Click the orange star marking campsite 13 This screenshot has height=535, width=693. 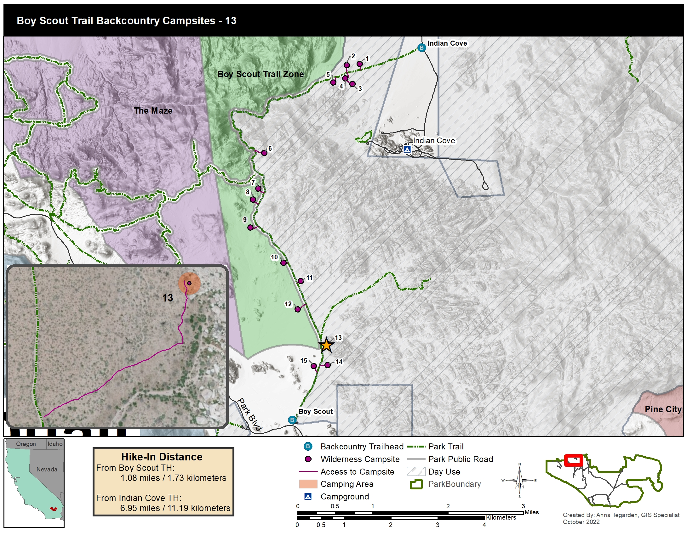pos(326,345)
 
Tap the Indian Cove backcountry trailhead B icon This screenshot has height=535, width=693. pos(421,48)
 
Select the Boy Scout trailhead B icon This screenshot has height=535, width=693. pos(292,420)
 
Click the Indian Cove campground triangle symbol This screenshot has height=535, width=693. pos(407,149)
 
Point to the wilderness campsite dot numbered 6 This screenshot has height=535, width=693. pos(264,153)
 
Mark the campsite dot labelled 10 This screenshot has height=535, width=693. pos(283,263)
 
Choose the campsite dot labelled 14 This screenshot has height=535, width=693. pos(328,365)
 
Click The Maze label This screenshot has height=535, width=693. pos(153,110)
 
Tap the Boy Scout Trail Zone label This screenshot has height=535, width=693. pos(260,74)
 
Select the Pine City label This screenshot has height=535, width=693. pos(663,409)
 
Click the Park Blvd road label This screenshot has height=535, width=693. pos(250,414)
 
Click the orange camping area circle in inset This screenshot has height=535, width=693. pos(189,283)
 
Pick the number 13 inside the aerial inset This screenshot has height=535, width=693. pos(168,298)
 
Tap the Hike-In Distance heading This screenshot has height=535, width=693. pos(162,457)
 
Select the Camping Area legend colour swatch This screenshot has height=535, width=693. pos(308,484)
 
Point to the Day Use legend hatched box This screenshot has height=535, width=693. pos(416,472)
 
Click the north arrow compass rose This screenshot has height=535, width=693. pos(519,481)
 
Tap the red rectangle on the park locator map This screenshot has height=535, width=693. pos(573,460)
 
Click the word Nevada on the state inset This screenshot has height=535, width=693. pos(47,470)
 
